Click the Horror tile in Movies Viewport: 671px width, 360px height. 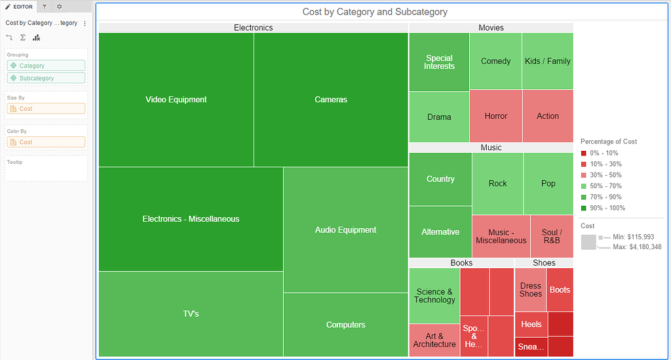(496, 116)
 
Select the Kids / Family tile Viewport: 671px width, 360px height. (548, 61)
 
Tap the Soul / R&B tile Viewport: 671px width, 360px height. (552, 236)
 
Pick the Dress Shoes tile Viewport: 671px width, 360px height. (530, 290)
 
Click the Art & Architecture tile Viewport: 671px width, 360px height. (434, 340)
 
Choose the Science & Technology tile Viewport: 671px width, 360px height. (434, 296)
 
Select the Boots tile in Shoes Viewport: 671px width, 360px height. (560, 290)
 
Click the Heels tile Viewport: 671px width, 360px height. (531, 324)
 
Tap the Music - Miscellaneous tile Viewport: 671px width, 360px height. (501, 236)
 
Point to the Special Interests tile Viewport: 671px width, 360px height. (439, 62)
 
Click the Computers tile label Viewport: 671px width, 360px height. (346, 325)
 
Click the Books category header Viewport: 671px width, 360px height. (461, 263)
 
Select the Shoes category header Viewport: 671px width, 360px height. (544, 263)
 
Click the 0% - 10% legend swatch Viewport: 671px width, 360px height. (584, 153)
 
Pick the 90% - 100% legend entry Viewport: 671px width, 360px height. (607, 209)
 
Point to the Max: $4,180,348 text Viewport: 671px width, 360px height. (637, 247)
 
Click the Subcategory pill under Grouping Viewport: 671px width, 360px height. (46, 78)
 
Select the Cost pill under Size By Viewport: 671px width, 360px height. (46, 109)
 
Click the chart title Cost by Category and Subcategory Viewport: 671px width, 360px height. (375, 12)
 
